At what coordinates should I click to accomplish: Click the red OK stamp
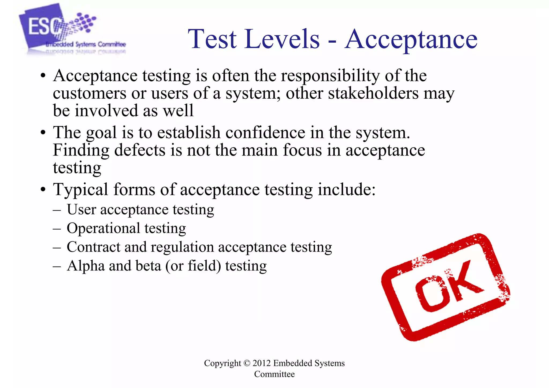click(x=446, y=287)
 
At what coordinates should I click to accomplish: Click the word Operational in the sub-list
click(x=103, y=228)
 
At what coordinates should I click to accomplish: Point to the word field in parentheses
click(x=204, y=266)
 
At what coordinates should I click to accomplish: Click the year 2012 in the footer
click(x=261, y=363)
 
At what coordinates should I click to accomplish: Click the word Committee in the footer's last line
click(x=274, y=374)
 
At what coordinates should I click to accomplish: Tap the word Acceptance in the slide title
click(x=411, y=39)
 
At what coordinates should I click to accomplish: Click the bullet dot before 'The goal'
click(x=43, y=133)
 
